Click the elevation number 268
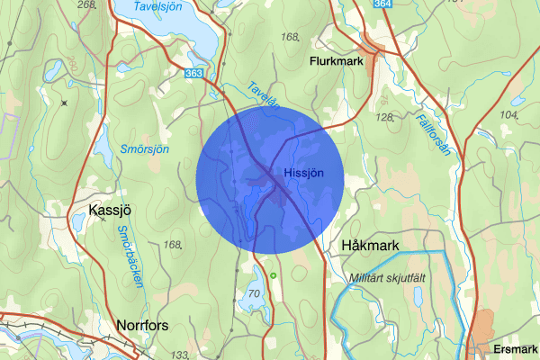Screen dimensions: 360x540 [86, 5]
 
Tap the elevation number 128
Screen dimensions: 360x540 [385, 117]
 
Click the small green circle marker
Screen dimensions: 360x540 [272, 274]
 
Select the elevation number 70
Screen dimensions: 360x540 [256, 293]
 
